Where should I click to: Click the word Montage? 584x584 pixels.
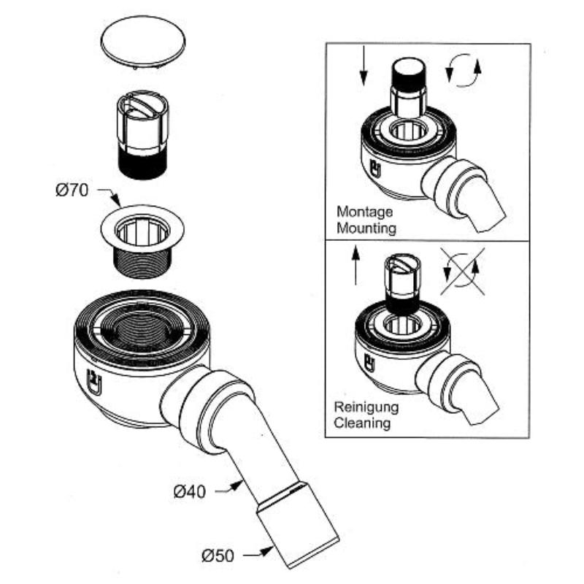(364, 212)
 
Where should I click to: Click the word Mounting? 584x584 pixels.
(366, 228)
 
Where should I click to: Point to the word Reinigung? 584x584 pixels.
(366, 407)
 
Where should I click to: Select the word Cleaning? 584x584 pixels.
(363, 422)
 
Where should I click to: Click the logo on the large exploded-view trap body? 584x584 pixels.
(93, 380)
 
